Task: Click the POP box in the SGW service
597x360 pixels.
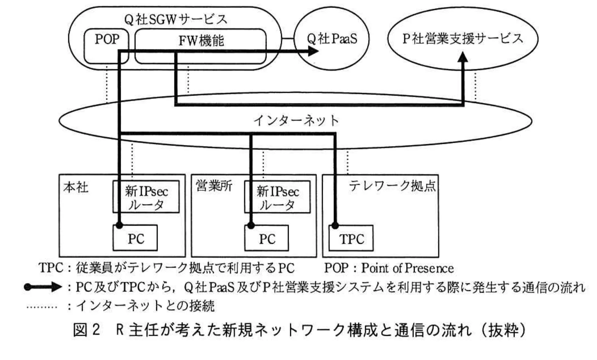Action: [106, 40]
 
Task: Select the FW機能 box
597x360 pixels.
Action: [201, 41]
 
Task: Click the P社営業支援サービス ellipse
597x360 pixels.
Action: [462, 39]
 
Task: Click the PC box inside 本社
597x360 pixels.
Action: [135, 239]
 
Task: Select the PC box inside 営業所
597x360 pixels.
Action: [267, 239]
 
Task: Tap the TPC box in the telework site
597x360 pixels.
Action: [351, 239]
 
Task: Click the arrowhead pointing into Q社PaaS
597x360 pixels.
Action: [313, 51]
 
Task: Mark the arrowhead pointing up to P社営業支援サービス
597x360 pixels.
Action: [463, 58]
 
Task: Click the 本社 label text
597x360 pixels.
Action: [76, 187]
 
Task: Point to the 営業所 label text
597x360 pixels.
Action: [214, 186]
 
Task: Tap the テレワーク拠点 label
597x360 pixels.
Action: [392, 186]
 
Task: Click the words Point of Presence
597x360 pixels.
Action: [407, 268]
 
